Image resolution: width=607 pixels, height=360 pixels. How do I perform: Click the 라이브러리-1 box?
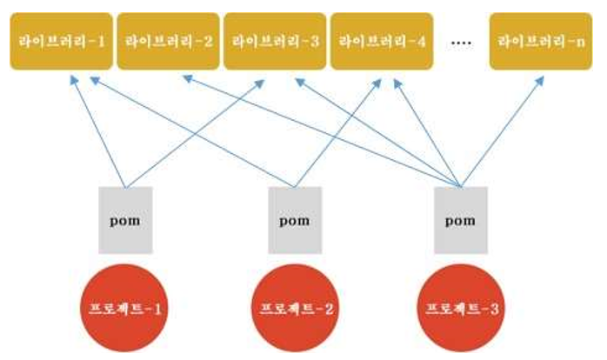coord(59,40)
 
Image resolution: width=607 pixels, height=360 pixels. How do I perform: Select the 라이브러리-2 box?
coord(168,40)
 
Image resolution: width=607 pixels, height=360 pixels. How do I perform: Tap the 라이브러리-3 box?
coord(275,40)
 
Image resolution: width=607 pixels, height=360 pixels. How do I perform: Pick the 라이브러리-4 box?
coord(381,40)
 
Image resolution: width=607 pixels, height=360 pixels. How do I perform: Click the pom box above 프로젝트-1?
coord(125,219)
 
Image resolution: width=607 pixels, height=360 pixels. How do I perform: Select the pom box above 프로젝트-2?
coord(294,219)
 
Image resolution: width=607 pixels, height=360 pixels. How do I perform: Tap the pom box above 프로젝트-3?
coord(461,219)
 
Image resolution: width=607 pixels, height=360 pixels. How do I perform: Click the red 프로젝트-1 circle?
coord(125,307)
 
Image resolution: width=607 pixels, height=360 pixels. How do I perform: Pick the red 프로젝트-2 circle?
coord(294,307)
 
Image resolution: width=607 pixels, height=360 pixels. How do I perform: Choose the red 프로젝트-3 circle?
coord(461,307)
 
